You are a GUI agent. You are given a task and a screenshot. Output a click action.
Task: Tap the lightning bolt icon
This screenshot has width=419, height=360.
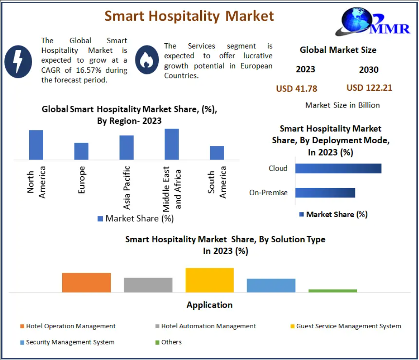(18, 61)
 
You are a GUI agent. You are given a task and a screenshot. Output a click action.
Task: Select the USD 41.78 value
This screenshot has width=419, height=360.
(296, 89)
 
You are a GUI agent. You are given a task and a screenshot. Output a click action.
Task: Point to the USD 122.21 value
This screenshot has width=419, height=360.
(369, 88)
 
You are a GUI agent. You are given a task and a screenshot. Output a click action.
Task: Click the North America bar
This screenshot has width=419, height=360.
(36, 145)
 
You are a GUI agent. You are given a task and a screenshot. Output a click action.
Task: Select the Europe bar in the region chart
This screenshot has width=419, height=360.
(81, 151)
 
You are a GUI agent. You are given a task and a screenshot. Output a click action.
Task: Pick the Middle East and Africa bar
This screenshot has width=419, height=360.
(172, 144)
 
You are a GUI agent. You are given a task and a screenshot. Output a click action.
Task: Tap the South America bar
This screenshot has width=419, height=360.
(217, 152)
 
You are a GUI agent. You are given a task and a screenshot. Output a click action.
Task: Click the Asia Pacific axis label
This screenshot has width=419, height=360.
(127, 187)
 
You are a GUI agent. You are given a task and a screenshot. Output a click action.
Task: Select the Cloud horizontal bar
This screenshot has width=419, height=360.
(338, 168)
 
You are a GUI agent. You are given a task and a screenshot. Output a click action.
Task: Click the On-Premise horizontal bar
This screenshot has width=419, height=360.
(325, 193)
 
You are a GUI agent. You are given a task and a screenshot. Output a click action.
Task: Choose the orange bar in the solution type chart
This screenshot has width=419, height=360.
(86, 282)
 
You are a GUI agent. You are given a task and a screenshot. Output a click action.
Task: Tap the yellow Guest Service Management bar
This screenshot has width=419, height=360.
(209, 280)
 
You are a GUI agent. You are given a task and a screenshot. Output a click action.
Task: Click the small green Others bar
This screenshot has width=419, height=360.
(333, 291)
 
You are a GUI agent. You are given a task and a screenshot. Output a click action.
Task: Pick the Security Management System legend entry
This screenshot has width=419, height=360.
(70, 342)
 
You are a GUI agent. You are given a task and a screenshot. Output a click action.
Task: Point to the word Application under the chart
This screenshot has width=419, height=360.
(209, 305)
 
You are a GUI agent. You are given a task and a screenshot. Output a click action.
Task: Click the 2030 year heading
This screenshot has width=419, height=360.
(369, 70)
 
